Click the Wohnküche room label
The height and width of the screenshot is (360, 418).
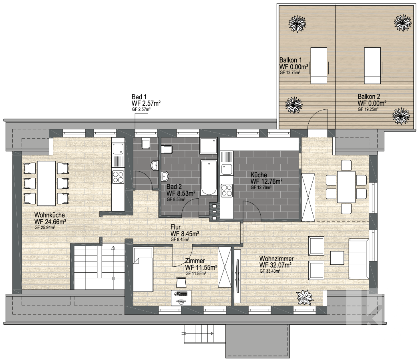[50, 215]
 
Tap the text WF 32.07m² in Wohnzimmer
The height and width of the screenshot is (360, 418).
[275, 265]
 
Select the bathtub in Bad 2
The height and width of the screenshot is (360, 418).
[209, 178]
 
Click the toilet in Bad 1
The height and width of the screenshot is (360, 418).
[146, 143]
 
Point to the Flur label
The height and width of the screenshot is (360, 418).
[175, 227]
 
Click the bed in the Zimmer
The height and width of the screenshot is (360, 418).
[143, 269]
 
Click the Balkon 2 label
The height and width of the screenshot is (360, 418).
[369, 97]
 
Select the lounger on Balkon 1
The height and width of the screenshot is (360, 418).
[319, 66]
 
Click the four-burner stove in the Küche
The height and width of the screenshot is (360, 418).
[227, 190]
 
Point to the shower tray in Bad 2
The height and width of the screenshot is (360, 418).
[209, 146]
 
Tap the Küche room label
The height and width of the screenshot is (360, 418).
[259, 175]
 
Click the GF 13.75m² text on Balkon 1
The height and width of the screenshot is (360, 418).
[290, 72]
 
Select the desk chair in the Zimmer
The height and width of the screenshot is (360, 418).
[181, 282]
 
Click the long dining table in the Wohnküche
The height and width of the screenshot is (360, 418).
[46, 183]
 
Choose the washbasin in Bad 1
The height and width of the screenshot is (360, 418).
[155, 166]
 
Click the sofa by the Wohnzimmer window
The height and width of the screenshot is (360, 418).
[359, 259]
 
